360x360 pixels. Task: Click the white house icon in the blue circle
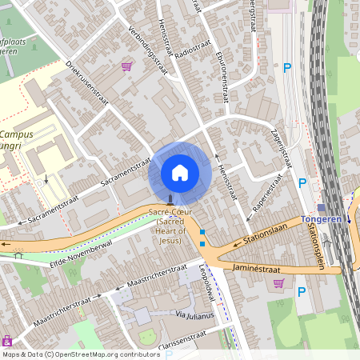tap(180, 172)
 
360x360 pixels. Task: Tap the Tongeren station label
tap(322, 219)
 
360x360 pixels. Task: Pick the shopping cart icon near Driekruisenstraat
tap(126, 66)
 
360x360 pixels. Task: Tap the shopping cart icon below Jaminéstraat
tap(278, 282)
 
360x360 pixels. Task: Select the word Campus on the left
tap(16, 134)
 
